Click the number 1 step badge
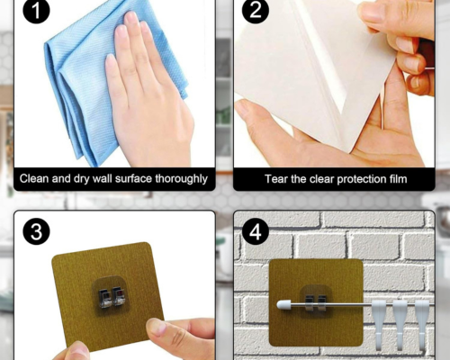coord(36,11)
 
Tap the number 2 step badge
coord(256,11)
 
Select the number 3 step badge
coord(36,231)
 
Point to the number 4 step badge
coord(256,231)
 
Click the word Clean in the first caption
coord(34,178)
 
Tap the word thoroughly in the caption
coord(181,179)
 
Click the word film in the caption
coord(397,179)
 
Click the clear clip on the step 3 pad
coord(111,294)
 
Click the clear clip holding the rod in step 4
coord(317,301)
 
